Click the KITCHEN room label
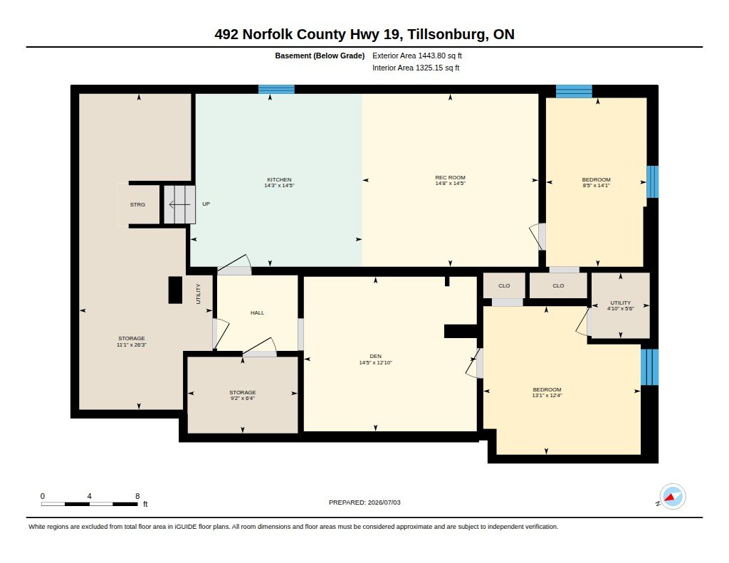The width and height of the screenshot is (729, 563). (279, 179)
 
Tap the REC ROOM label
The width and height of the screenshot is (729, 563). (450, 177)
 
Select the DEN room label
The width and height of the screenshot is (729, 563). (376, 356)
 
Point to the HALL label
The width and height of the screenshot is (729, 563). (257, 313)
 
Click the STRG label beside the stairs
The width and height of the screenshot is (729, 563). (137, 204)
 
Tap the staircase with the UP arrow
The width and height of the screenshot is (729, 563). (179, 204)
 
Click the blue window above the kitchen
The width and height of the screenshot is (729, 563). (277, 89)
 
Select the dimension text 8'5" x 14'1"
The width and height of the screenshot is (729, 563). (596, 186)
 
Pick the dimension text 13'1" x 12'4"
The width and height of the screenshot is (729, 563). (547, 396)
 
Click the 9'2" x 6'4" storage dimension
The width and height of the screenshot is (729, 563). (242, 399)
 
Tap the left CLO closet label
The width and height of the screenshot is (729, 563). (504, 286)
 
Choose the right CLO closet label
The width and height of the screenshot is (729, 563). (558, 286)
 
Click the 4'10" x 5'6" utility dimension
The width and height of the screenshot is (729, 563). (621, 308)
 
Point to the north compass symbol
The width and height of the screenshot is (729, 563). (672, 497)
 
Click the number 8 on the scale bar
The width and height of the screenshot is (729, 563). (137, 496)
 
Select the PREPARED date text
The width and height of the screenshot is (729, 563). (364, 503)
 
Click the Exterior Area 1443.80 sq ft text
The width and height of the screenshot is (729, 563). (417, 56)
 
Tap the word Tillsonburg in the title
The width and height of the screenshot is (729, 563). (448, 34)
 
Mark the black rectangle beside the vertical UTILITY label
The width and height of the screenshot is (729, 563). (175, 290)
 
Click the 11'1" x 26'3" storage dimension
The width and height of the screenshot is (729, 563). (132, 345)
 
